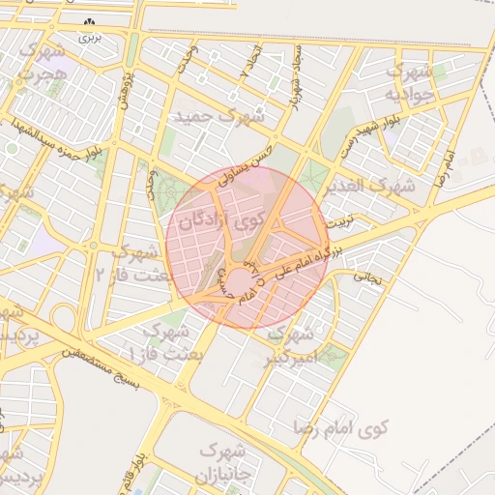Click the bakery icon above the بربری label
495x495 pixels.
click(x=90, y=22)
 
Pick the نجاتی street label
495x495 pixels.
click(x=371, y=277)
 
